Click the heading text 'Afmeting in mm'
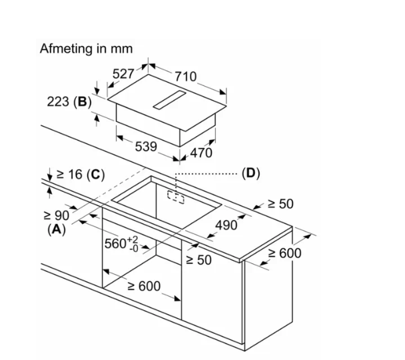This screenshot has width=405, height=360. point(87,49)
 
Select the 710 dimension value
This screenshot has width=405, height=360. point(185,77)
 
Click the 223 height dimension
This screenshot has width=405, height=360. point(59,103)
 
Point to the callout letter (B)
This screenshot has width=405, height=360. point(83,103)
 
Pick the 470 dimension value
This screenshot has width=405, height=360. point(201,153)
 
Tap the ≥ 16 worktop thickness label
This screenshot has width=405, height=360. point(69,175)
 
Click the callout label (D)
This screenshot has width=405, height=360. point(250,173)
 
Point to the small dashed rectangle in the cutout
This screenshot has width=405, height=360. point(176,197)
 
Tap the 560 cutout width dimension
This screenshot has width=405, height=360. point(121,243)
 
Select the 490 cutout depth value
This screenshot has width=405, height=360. point(226,225)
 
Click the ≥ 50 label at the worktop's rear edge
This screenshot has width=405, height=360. point(280,204)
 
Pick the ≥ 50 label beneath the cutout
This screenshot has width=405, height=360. point(199,260)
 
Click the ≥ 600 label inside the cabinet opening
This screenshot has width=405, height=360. point(144,286)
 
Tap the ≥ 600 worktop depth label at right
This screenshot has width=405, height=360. point(285,253)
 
